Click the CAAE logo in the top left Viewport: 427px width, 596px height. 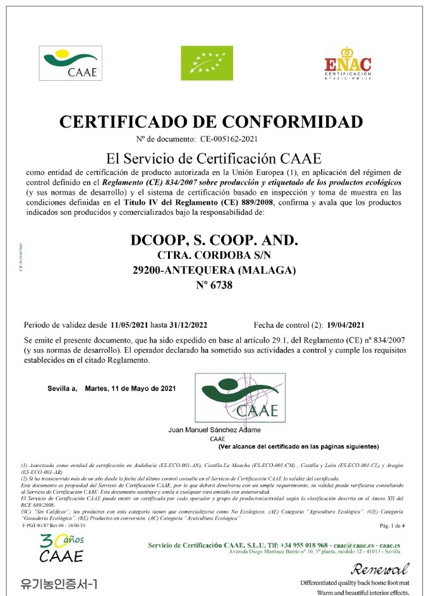tap(71, 61)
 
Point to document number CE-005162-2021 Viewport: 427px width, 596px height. tap(229, 138)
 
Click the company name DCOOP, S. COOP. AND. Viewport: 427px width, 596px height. tap(213, 241)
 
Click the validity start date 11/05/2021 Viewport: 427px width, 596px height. tap(129, 325)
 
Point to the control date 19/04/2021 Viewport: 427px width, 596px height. tap(346, 325)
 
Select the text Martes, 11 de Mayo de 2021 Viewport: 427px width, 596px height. tap(130, 388)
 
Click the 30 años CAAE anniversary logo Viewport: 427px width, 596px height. tap(61, 548)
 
